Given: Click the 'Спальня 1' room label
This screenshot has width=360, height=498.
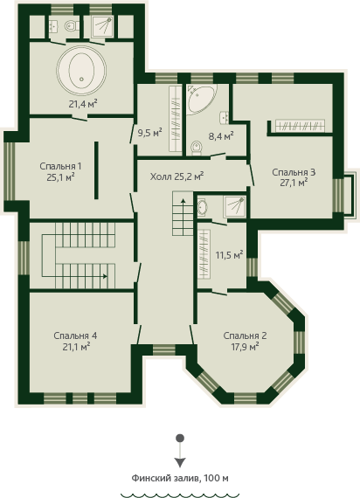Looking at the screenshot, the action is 60,166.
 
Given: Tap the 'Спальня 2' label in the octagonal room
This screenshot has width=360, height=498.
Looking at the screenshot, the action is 245,335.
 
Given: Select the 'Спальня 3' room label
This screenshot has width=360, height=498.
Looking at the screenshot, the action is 294,172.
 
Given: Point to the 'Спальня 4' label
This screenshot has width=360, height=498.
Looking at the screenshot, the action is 75,335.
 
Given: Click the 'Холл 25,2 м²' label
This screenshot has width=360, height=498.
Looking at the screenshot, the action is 177,176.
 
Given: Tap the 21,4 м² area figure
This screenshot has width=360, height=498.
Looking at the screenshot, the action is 83,104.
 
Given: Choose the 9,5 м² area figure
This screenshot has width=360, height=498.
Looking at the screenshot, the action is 150,133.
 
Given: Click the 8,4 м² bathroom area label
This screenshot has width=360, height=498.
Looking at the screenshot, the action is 221,136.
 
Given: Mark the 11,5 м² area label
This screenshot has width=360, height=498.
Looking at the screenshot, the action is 230,255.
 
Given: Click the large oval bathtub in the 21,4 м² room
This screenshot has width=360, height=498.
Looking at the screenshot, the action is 81,70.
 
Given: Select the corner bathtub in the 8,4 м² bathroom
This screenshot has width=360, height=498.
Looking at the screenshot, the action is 201,98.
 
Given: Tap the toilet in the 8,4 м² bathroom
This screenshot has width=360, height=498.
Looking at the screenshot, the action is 197,149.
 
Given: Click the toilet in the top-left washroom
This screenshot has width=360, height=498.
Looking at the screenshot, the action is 71,25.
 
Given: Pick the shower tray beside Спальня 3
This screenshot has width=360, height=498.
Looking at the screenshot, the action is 234,207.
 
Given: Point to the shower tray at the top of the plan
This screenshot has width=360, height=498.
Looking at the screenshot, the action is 102,26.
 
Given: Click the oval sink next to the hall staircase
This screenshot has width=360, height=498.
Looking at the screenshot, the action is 202,208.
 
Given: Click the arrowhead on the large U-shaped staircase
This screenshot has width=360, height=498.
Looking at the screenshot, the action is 105,276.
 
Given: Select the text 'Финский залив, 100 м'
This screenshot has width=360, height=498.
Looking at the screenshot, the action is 180,478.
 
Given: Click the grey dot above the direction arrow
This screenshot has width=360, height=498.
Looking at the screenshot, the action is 180,439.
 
